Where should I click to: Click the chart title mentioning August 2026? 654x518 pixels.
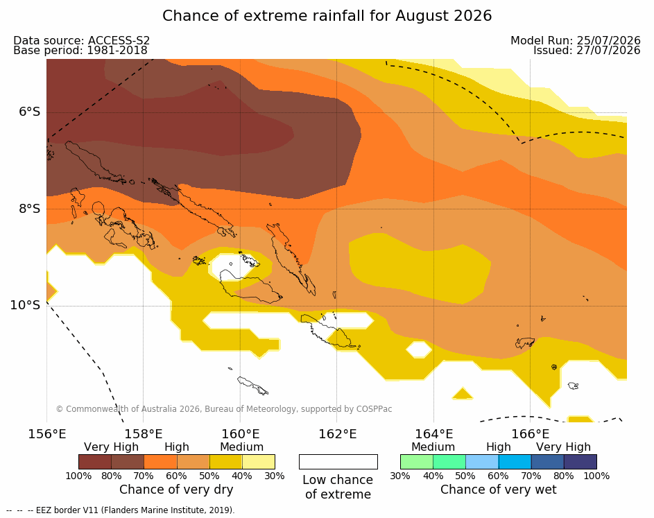[x=327, y=16]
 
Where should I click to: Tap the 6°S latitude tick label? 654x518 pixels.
[x=30, y=112]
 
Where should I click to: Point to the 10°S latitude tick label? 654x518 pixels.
[x=26, y=305]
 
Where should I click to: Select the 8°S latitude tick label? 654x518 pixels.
[x=30, y=209]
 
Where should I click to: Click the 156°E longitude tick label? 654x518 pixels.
[x=46, y=434]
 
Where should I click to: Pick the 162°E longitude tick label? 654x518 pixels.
[x=338, y=434]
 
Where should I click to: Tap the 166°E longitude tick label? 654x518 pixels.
[x=530, y=434]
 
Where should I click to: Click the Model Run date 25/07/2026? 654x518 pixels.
[x=608, y=40]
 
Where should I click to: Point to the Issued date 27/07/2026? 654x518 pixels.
[x=608, y=51]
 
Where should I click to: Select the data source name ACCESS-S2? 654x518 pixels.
[x=119, y=40]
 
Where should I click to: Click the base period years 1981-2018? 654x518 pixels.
[x=117, y=51]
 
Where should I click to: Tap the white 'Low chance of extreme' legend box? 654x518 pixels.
[x=338, y=462]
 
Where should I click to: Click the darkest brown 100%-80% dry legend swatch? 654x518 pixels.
[x=95, y=462]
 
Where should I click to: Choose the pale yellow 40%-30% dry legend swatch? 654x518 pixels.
[x=259, y=462]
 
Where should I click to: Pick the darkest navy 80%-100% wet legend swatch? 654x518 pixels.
[x=580, y=462]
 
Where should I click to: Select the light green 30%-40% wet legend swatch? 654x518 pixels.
[x=417, y=462]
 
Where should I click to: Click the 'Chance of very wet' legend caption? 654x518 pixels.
[x=499, y=490]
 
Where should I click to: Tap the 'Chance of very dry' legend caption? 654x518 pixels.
[x=176, y=490]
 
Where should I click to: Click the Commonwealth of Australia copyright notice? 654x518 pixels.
[x=224, y=409]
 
